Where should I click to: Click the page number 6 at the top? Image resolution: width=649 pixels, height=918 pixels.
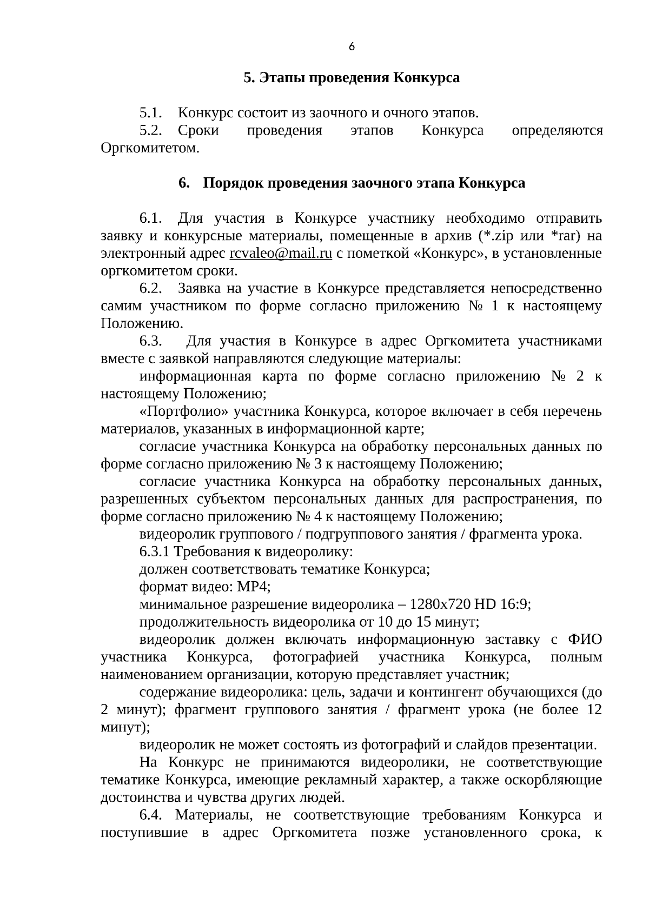pyautogui.click(x=352, y=47)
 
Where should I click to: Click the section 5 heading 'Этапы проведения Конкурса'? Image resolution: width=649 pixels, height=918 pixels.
pyautogui.click(x=352, y=78)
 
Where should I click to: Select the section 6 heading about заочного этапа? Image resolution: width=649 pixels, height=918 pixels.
pyautogui.click(x=352, y=183)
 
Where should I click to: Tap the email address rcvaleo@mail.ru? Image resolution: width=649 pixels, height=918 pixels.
pyautogui.click(x=281, y=254)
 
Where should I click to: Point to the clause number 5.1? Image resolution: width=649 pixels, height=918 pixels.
pyautogui.click(x=151, y=114)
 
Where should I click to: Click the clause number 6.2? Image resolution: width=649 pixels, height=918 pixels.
pyautogui.click(x=151, y=289)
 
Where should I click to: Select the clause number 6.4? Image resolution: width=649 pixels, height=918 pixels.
pyautogui.click(x=151, y=815)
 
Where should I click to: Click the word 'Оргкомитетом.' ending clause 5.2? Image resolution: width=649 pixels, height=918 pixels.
pyautogui.click(x=150, y=148)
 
